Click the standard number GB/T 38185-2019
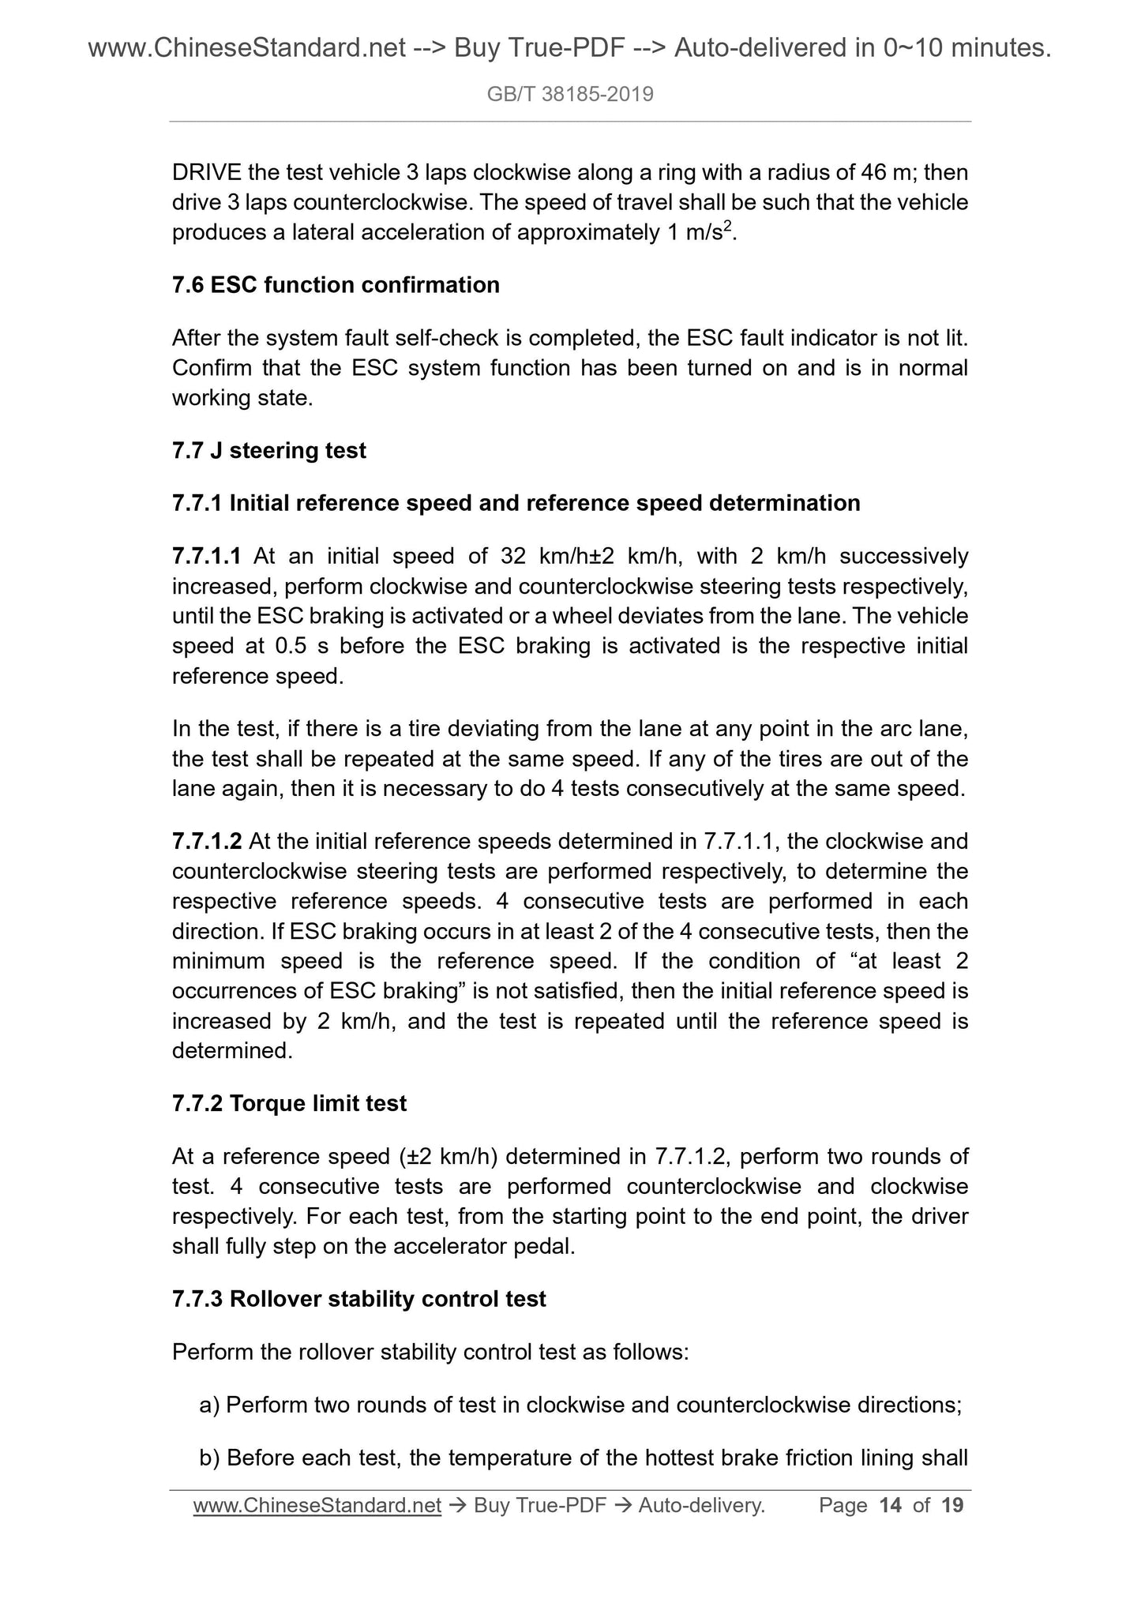pyautogui.click(x=570, y=95)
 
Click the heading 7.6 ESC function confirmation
pyautogui.click(x=336, y=285)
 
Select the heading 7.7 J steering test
pyautogui.click(x=268, y=451)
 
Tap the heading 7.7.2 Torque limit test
pyautogui.click(x=289, y=1103)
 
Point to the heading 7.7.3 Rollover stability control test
pyautogui.click(x=358, y=1299)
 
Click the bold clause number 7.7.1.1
pyautogui.click(x=206, y=556)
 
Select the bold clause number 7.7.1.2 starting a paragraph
pyautogui.click(x=207, y=842)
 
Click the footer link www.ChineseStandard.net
pyautogui.click(x=317, y=1506)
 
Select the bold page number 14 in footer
pyautogui.click(x=890, y=1506)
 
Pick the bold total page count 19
pyautogui.click(x=953, y=1506)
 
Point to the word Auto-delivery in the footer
pyautogui.click(x=701, y=1506)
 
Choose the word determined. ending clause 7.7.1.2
pyautogui.click(x=232, y=1051)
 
